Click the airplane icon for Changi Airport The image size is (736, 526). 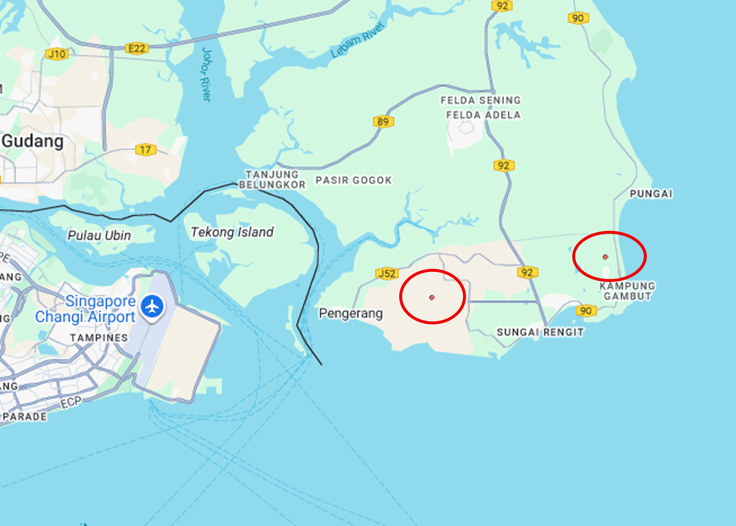pos(153,307)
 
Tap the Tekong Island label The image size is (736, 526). pos(232,232)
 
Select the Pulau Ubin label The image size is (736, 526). pos(99,236)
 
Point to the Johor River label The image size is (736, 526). pos(207,74)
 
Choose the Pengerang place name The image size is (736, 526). pos(350,313)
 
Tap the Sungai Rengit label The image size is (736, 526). pos(540,332)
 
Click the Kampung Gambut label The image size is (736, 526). pos(627,291)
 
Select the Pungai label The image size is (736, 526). pos(651,194)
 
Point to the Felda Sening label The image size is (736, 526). pos(481,100)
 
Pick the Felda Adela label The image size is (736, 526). pos(484,115)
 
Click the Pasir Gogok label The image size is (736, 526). pos(353,180)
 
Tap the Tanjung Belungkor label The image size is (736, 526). pos(272,179)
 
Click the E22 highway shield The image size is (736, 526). pos(136,48)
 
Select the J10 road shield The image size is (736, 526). pos(57,54)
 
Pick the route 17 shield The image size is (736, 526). pos(145,150)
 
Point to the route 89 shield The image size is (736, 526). pos(383,121)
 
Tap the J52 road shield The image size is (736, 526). pos(387,273)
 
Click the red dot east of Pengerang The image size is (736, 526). pos(432,297)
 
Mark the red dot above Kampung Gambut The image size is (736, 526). pos(605,257)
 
